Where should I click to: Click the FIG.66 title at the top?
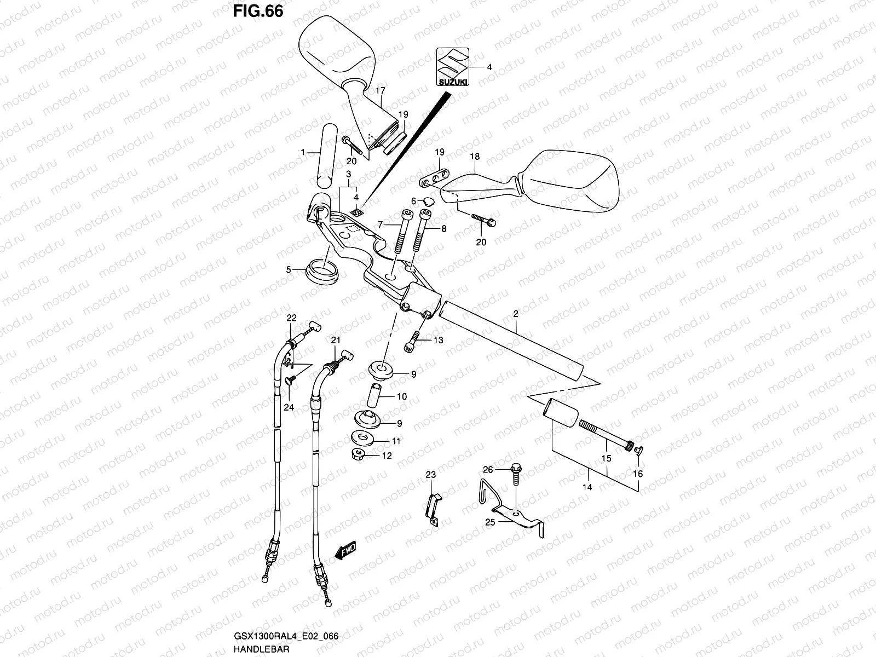[x=258, y=11]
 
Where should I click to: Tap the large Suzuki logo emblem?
[x=453, y=67]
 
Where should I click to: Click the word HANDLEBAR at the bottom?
[x=261, y=649]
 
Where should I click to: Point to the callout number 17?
[x=381, y=91]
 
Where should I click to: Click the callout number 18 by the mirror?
[x=475, y=157]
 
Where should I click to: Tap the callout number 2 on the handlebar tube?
[x=516, y=314]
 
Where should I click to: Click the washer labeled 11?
[x=362, y=438]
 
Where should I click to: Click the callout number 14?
[x=587, y=487]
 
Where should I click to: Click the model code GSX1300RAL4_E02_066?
[x=286, y=636]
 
